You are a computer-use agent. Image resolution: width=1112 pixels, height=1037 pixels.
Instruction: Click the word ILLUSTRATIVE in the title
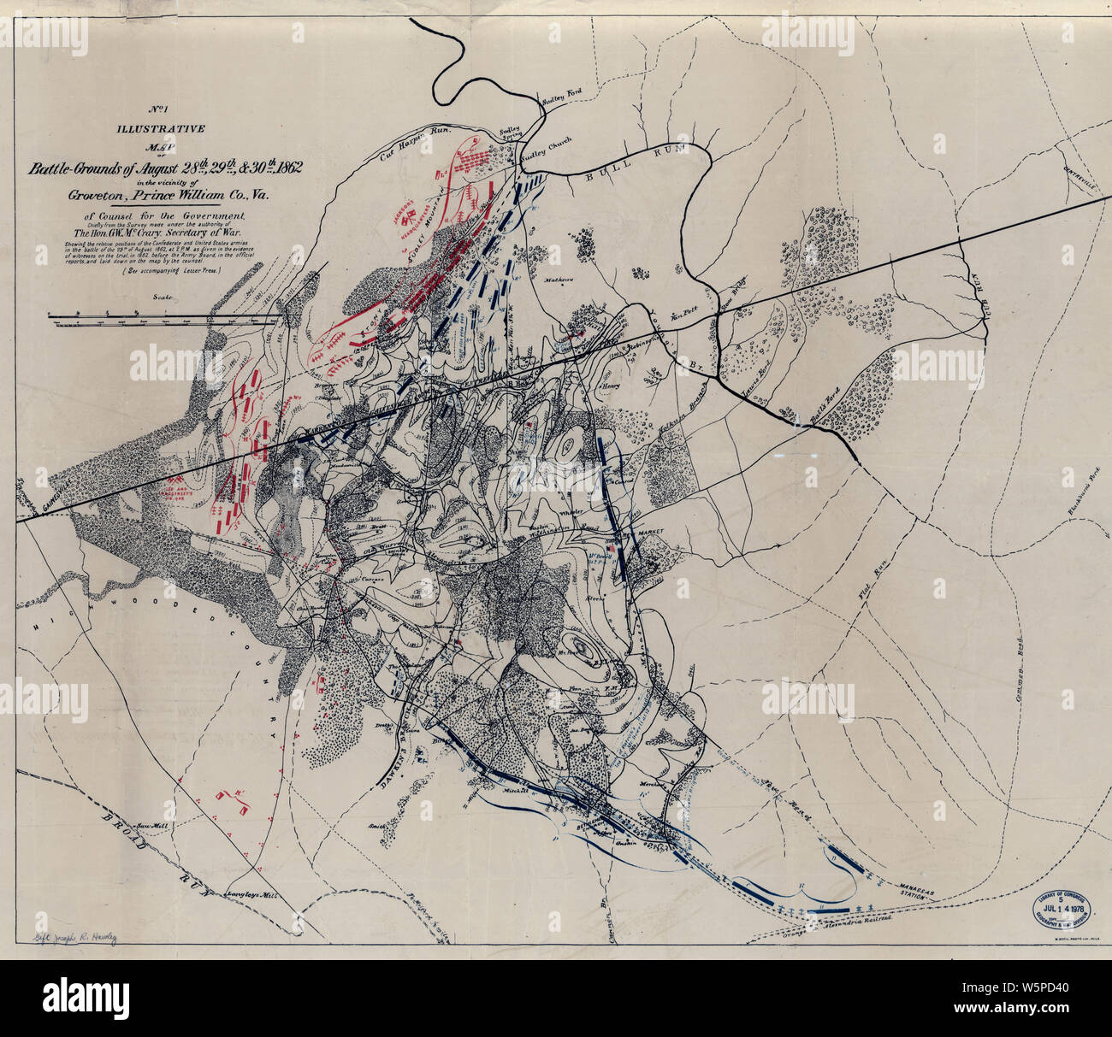tap(163, 130)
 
